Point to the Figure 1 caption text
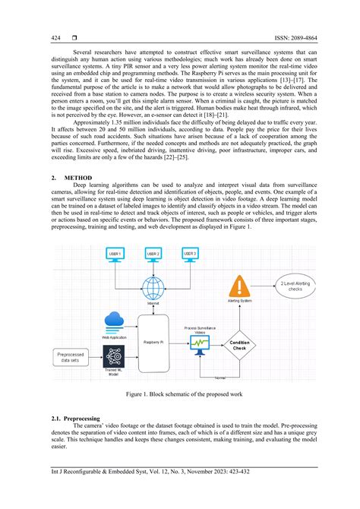tap(179, 396)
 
